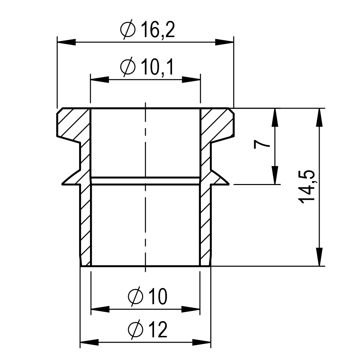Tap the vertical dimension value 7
[262, 145]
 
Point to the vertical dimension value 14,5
[306, 187]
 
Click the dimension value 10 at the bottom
[158, 297]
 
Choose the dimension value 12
[158, 330]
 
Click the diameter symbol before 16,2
[128, 30]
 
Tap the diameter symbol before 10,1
[128, 67]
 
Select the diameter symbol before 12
[135, 330]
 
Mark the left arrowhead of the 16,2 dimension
[66, 42]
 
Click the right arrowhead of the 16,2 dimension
[224, 42]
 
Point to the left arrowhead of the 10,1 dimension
[100, 80]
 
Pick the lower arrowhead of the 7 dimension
[275, 175]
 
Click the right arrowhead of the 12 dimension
[201, 342]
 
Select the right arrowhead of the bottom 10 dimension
[190, 309]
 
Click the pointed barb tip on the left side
[62, 184]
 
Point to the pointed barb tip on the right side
[229, 184]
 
